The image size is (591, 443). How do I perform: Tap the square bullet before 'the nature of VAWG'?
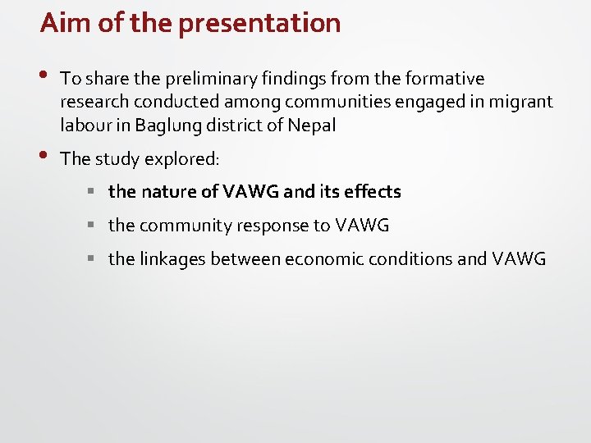[x=94, y=192]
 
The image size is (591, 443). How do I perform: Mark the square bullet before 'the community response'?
[x=94, y=226]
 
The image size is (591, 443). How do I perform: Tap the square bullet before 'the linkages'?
[x=94, y=259]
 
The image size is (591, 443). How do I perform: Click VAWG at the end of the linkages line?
[x=519, y=259]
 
